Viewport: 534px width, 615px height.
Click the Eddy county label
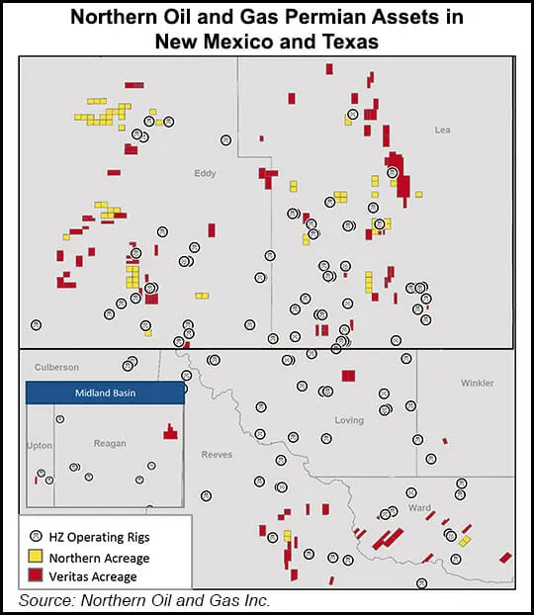(x=205, y=173)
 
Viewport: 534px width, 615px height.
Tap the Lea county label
(x=443, y=130)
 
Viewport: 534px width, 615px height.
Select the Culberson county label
(x=56, y=366)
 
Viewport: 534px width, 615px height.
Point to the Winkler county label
(x=478, y=383)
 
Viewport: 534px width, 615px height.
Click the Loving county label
(x=349, y=420)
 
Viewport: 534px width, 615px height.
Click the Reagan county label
(x=110, y=443)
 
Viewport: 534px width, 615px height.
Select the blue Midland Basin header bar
(x=105, y=393)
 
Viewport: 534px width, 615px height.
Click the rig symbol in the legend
(x=36, y=537)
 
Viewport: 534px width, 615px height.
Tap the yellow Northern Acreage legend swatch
(x=36, y=557)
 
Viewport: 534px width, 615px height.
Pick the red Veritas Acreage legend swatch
(x=36, y=575)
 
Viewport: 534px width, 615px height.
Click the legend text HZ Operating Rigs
(x=97, y=537)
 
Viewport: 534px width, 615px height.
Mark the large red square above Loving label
(x=348, y=375)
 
